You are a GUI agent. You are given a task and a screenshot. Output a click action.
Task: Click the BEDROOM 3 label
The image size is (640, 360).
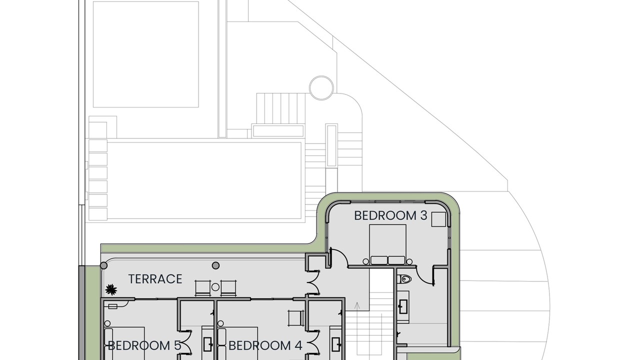click(390, 215)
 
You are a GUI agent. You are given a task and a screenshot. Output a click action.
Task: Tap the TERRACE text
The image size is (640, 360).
click(155, 279)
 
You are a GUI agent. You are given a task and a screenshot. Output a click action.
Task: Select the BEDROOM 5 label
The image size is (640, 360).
click(144, 345)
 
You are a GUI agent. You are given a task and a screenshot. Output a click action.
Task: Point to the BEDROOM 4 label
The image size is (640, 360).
click(265, 345)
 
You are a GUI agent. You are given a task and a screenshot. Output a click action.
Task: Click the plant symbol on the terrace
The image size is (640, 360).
click(111, 289)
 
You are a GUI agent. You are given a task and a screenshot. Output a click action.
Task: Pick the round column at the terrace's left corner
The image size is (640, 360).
click(103, 265)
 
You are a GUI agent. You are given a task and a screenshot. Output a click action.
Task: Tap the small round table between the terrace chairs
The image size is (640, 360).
click(215, 287)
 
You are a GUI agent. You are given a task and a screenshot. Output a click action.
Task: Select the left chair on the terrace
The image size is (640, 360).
click(203, 288)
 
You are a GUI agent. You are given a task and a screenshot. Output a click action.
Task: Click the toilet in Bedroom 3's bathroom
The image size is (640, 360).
click(405, 279)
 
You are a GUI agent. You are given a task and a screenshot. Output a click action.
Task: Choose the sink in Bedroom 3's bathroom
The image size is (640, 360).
click(403, 306)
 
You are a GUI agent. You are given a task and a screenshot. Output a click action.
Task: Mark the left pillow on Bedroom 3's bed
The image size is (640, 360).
click(379, 260)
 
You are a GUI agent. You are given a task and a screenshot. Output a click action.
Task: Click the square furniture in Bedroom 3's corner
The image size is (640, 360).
click(438, 219)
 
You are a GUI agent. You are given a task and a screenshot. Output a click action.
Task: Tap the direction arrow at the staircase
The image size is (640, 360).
click(356, 306)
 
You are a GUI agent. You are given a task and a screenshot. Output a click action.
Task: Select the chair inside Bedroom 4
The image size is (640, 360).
click(296, 318)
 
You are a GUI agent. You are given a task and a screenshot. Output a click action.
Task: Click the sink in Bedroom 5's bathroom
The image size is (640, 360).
click(207, 344)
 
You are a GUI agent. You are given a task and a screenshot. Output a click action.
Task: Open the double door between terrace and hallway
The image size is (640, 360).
click(313, 282)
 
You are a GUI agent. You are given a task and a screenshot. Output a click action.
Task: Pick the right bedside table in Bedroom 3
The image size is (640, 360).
click(409, 261)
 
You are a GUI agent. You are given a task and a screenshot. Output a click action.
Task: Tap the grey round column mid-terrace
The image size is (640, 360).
click(215, 265)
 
